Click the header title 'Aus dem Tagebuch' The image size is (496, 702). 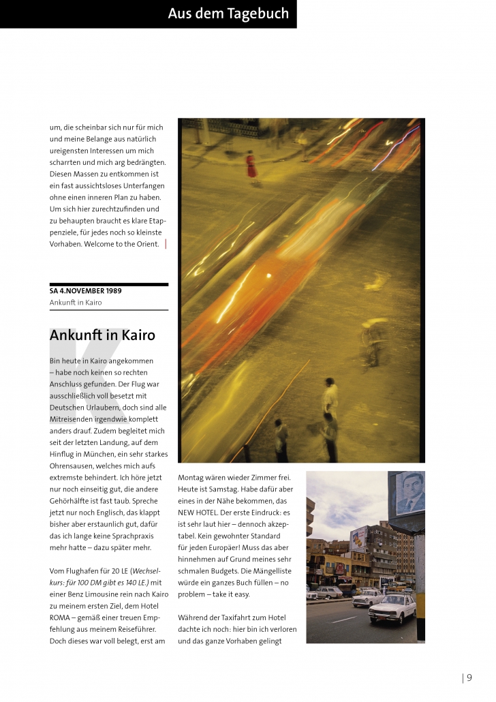tap(228, 14)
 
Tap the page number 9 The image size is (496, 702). tap(469, 677)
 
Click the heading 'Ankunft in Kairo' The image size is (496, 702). tap(102, 335)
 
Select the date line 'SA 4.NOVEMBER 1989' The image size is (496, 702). tap(86, 290)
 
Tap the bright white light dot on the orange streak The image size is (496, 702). tap(268, 276)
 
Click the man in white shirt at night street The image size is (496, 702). tap(330, 399)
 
